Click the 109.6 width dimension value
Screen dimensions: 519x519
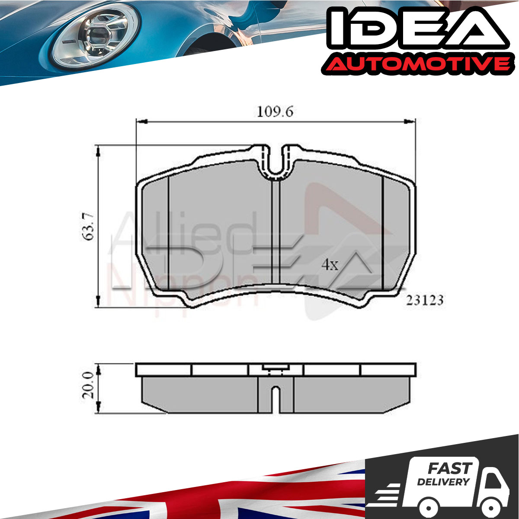[275, 112]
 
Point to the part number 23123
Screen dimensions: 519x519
[425, 300]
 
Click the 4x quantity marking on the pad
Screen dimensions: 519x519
[330, 265]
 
